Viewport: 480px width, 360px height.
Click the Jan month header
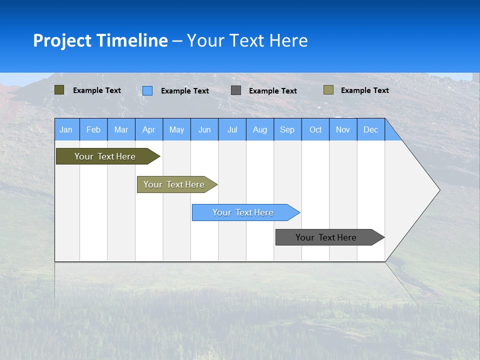coord(66,129)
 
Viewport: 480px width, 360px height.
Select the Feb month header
coord(93,129)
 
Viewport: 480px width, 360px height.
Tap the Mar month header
coord(121,129)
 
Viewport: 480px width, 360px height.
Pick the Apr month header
coord(149,129)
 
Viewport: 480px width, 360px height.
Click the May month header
coord(176,129)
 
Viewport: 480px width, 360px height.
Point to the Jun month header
coord(204,129)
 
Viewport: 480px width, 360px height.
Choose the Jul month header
coord(232,129)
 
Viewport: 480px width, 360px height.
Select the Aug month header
coord(260,129)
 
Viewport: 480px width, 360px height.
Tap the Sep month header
coord(287,129)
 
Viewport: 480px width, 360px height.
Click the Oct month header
coord(315,129)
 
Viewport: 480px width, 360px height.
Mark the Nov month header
coord(343,129)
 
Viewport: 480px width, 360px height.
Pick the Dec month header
coord(371,129)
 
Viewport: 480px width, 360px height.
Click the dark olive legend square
coord(59,90)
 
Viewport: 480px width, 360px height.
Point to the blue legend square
coord(147,90)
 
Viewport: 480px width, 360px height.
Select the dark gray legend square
coord(236,90)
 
